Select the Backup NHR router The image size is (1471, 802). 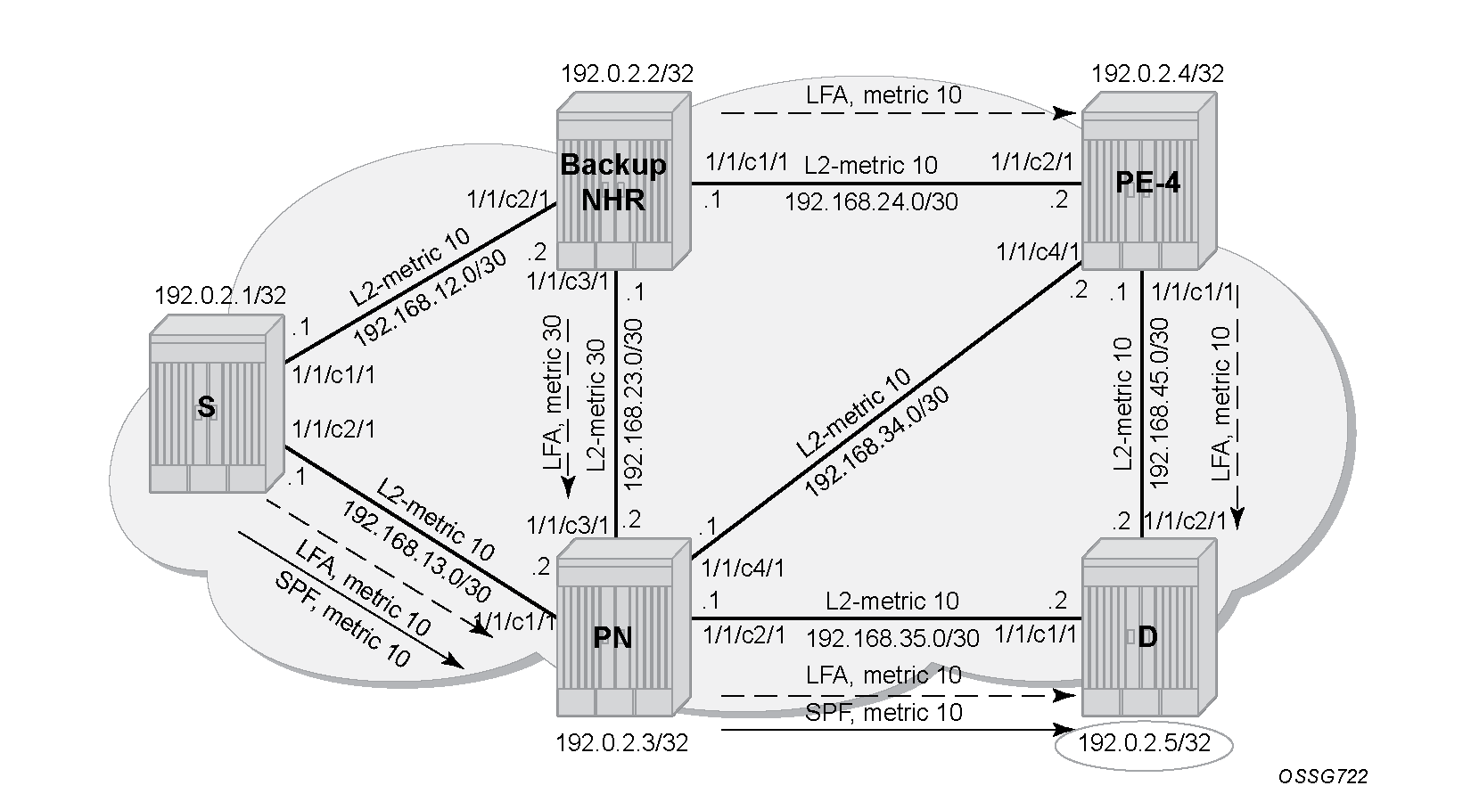624,181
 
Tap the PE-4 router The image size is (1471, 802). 1149,181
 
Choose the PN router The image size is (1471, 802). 624,627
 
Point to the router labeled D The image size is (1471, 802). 1149,627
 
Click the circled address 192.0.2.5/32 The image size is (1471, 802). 1144,743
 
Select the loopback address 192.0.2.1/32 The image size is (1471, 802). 220,295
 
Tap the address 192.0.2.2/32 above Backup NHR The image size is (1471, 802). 627,73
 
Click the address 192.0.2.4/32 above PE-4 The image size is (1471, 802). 1158,73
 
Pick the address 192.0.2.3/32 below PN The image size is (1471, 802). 622,743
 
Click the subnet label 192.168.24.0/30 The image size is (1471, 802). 871,201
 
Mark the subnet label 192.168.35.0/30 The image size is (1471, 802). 892,638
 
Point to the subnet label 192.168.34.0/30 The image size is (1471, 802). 876,442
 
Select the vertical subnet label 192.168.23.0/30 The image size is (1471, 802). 633,405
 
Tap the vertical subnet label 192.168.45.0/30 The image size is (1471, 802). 1159,403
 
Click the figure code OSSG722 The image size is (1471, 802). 1323,776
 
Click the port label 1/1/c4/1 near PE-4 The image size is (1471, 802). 1038,251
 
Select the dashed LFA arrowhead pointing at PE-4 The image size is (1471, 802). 1064,113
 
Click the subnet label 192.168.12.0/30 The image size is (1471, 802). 430,298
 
